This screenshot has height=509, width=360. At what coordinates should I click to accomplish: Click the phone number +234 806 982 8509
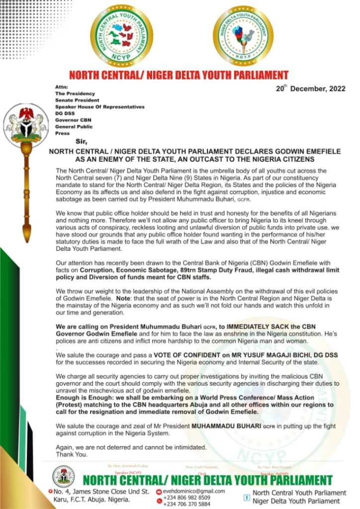click(187, 497)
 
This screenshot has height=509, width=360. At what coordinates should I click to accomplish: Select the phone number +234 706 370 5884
click(187, 504)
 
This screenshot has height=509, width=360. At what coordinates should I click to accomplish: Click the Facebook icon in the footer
click(246, 497)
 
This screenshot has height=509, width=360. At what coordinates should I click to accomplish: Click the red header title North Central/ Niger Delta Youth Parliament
click(179, 76)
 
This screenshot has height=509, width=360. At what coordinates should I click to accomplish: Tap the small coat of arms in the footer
click(63, 476)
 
